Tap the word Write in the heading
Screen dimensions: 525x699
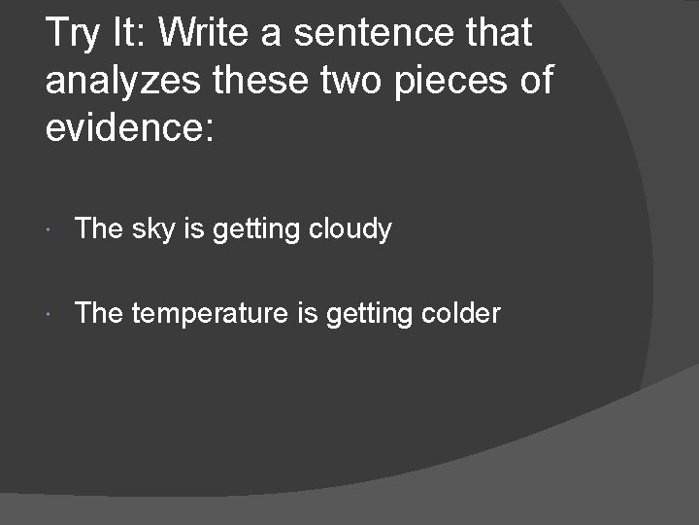pos(208,34)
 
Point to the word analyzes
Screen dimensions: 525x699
pos(126,81)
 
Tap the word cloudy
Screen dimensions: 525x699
pos(350,229)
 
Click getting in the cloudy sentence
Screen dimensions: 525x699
pos(257,230)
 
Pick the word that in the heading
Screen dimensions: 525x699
pos(499,34)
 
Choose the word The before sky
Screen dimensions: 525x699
pos(98,229)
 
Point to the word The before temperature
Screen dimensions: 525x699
pos(98,313)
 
